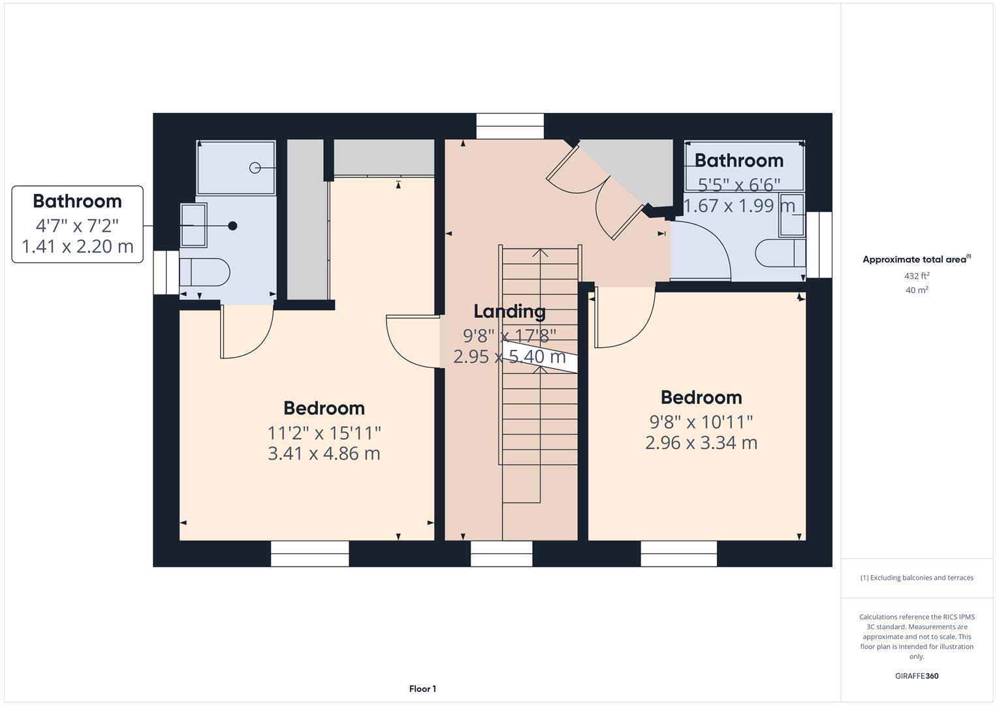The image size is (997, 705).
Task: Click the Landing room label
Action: [509, 311]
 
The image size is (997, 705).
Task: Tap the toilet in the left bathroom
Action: [204, 272]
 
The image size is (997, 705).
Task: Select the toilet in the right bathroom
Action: [780, 253]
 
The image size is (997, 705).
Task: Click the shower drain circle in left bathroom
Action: [255, 168]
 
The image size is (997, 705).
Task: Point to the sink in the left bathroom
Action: [193, 225]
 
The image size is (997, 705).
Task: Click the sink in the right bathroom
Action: [792, 214]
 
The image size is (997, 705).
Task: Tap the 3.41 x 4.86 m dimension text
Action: [324, 453]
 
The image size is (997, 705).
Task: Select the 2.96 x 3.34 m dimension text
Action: [701, 443]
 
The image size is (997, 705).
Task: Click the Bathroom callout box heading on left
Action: [77, 201]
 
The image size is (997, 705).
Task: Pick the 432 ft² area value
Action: [917, 276]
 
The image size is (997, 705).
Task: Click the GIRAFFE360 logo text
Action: [917, 676]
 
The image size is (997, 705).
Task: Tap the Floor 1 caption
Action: [422, 689]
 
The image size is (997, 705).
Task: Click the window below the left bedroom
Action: [309, 554]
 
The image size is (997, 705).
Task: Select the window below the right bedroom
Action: [679, 554]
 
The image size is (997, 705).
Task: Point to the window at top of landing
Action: [509, 126]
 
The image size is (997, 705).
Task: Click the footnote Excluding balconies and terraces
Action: [917, 578]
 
